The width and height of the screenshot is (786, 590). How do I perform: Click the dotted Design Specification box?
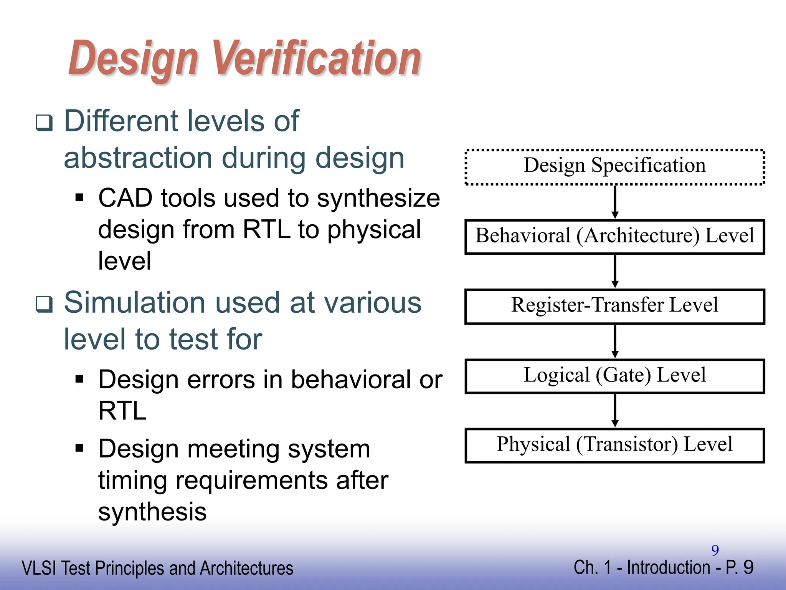(614, 167)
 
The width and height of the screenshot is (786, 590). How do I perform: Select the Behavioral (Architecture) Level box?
(614, 237)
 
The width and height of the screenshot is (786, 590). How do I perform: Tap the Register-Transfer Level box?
(614, 306)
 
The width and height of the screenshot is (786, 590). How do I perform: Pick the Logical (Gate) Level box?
(614, 376)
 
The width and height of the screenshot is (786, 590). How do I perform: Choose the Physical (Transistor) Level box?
(614, 445)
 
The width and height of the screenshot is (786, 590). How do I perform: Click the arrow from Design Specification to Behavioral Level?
(615, 202)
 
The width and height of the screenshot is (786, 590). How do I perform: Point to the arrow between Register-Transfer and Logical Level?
(615, 341)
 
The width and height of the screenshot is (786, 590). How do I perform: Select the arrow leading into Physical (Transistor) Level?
(615, 410)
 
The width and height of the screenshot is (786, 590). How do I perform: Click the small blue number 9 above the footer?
(715, 550)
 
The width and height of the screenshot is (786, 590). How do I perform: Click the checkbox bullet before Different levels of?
(44, 123)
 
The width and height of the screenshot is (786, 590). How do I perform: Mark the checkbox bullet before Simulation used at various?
(44, 304)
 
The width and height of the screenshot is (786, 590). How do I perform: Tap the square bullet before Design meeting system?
(79, 448)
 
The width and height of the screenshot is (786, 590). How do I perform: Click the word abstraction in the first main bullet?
(138, 158)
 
